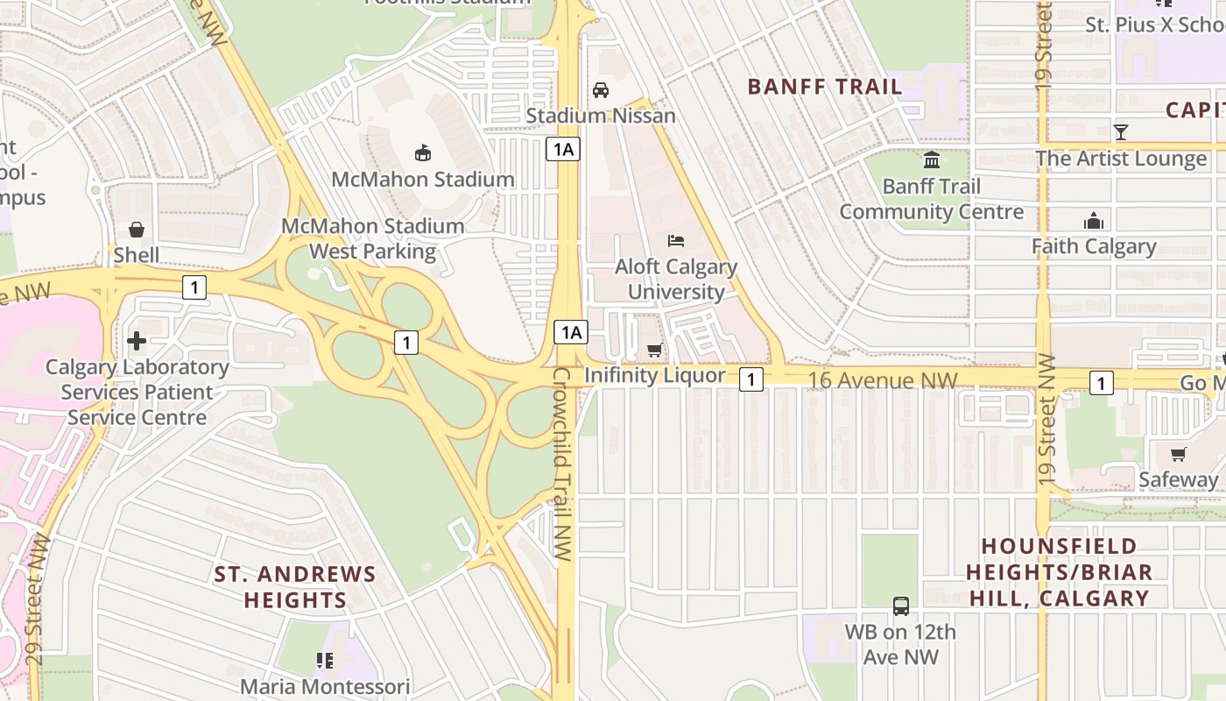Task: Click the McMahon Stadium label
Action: pos(422,180)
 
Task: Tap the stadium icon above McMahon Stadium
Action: pos(423,153)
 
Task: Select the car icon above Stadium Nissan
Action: pos(601,89)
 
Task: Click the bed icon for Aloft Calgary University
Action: pos(675,240)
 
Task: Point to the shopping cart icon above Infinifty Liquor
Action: pos(654,350)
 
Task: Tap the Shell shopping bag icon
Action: pos(137,230)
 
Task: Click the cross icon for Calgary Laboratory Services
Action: pos(137,340)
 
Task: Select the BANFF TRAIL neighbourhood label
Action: pos(824,87)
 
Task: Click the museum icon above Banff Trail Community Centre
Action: pos(931,160)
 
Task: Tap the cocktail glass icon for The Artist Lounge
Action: pos(1121,132)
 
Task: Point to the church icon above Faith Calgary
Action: pos(1094,221)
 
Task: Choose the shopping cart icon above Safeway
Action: pos(1179,454)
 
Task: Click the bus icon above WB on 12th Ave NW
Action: pos(900,605)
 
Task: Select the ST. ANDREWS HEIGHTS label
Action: pos(295,587)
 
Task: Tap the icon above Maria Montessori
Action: pos(325,660)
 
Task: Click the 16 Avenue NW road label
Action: pos(883,379)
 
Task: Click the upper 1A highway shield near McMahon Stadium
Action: pos(563,149)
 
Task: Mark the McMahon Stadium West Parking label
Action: pos(372,238)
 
